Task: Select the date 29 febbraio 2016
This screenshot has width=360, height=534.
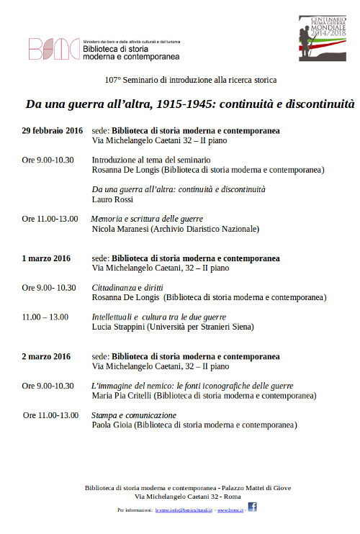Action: [52, 131]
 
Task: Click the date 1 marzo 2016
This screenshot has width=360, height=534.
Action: [46, 258]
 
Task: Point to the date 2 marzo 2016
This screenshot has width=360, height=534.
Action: [46, 356]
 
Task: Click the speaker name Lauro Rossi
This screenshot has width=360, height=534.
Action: [112, 200]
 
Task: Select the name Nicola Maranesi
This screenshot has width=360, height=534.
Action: [120, 229]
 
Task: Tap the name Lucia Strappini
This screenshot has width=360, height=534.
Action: [118, 327]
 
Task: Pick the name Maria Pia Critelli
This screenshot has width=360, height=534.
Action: [122, 396]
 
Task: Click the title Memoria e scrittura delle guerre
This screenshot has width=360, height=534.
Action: [147, 219]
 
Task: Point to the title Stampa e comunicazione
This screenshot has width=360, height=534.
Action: [134, 415]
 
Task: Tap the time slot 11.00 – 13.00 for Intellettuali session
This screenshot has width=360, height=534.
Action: [45, 317]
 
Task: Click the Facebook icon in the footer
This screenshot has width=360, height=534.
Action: [252, 507]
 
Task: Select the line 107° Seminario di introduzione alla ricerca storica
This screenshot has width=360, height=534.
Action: [180, 80]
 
